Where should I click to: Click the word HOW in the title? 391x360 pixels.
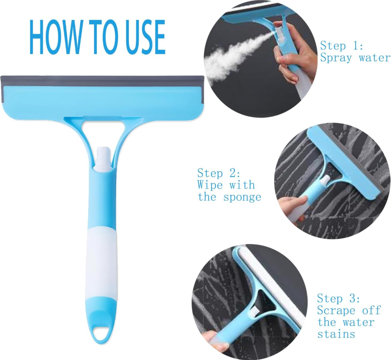pyautogui.click(x=56, y=37)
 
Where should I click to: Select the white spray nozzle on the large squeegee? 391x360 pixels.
pyautogui.click(x=103, y=159)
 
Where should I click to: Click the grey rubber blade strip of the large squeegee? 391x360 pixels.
pyautogui.click(x=102, y=81)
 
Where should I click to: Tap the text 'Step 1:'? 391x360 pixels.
pyautogui.click(x=342, y=46)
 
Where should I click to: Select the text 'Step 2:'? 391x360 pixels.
pyautogui.click(x=219, y=173)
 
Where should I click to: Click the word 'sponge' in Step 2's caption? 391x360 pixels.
pyautogui.click(x=242, y=197)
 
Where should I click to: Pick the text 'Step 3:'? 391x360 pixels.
pyautogui.click(x=338, y=298)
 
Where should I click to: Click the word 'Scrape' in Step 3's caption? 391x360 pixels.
pyautogui.click(x=336, y=311)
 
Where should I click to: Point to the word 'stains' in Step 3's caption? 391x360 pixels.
pyautogui.click(x=336, y=334)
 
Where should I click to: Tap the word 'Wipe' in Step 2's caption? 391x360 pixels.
pyautogui.click(x=209, y=185)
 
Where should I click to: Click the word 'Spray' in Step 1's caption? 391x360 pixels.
pyautogui.click(x=336, y=58)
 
